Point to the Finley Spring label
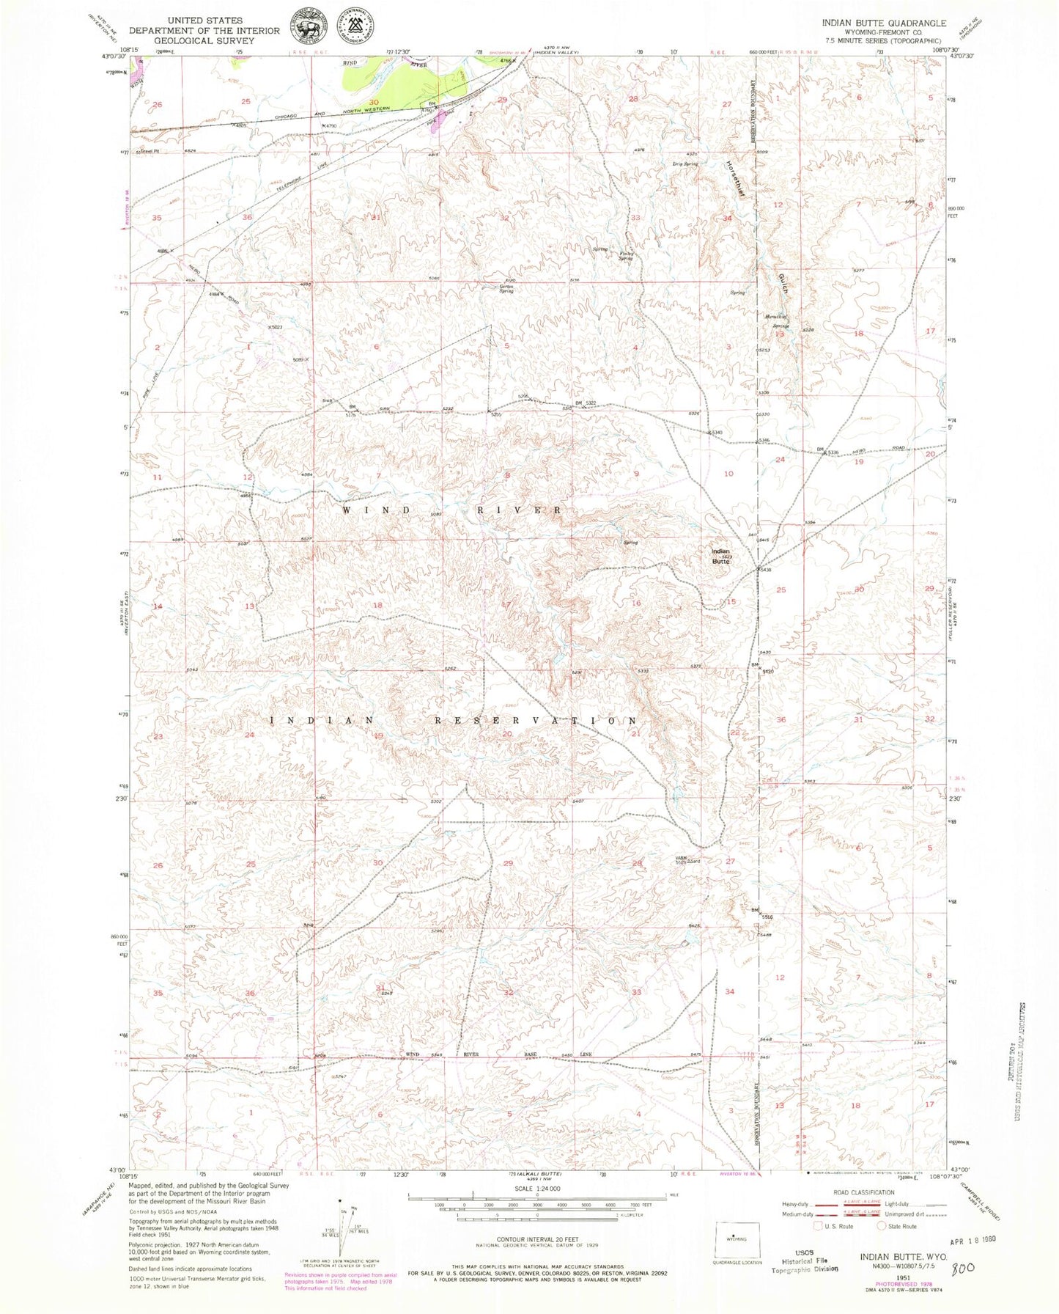(627, 256)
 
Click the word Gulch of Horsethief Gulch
(783, 280)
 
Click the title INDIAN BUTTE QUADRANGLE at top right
(883, 23)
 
